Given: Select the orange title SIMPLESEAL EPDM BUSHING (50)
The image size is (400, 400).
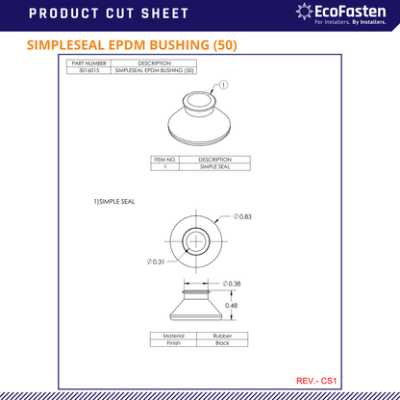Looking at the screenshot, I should (x=132, y=45).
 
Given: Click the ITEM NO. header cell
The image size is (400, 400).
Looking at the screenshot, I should (x=165, y=159).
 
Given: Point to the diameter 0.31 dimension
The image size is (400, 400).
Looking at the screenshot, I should (x=157, y=262).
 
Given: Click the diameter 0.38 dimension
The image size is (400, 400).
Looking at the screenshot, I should (x=231, y=284).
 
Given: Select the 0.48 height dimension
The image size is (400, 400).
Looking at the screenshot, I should (x=231, y=306).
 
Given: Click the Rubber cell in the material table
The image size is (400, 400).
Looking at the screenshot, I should (x=221, y=336).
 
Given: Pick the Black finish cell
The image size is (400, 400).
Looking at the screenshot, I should (x=221, y=342).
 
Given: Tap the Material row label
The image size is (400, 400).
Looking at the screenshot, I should (x=174, y=336).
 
